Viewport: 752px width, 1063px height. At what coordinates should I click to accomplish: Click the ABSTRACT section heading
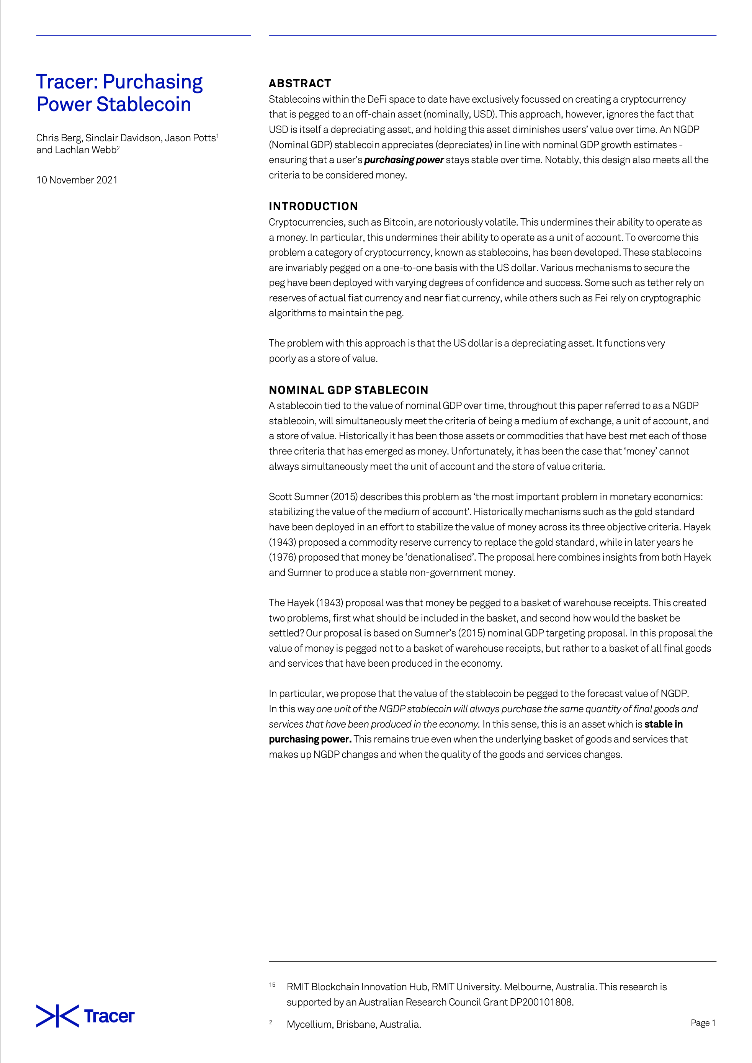click(x=299, y=84)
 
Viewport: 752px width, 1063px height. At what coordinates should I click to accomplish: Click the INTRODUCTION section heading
click(x=313, y=206)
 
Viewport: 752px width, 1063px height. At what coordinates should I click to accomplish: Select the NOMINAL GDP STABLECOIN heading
click(x=348, y=390)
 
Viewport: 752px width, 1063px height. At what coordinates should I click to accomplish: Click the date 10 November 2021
click(x=77, y=180)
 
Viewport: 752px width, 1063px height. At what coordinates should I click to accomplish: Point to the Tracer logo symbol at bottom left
click(x=57, y=1016)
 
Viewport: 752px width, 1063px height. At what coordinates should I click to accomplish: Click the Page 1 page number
click(x=703, y=1023)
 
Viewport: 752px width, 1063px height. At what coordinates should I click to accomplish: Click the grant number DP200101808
click(x=541, y=1002)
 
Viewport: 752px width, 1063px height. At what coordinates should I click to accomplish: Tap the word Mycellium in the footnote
click(x=309, y=1024)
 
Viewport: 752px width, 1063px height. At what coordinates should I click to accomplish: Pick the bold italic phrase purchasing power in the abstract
click(x=404, y=160)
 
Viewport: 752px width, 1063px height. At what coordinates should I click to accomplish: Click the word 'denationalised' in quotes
click(x=438, y=558)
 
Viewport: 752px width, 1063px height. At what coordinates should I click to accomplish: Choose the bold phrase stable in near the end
click(x=663, y=724)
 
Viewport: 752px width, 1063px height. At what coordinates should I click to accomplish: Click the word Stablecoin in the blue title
click(x=144, y=105)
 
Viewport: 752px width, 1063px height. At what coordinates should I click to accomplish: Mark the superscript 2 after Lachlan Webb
click(x=119, y=148)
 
